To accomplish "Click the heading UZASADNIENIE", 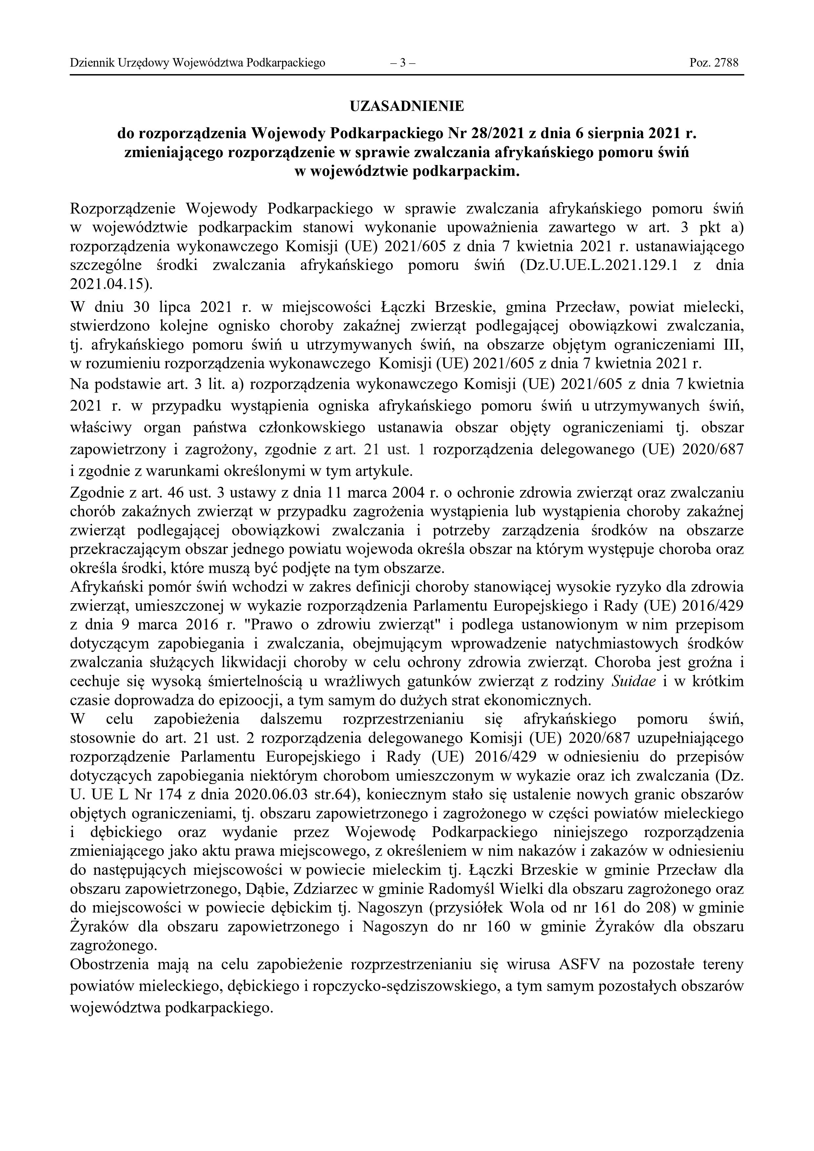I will pos(407,106).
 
